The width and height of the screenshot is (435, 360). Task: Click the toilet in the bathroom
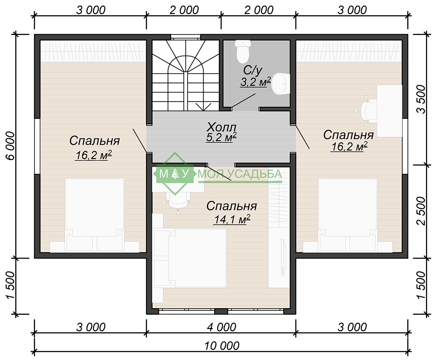[x=243, y=52]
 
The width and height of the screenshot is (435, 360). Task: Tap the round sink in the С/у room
[x=280, y=84]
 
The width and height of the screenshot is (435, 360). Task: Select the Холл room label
[x=222, y=127]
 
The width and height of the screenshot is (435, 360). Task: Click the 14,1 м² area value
[x=232, y=219]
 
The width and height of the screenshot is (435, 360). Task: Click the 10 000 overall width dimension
[x=222, y=346]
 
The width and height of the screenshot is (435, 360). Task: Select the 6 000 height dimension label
[x=11, y=146]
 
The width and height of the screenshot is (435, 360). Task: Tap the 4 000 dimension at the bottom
[x=222, y=327]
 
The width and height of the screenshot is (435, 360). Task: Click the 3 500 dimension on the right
[x=421, y=99]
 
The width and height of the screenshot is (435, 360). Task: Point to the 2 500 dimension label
[x=421, y=211]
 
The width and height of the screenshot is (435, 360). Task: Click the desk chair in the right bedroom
[x=368, y=111]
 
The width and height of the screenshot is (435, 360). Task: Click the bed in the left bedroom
[x=95, y=215]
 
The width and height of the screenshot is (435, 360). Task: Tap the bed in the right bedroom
[x=348, y=215]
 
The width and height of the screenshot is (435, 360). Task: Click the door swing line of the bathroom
[x=243, y=101]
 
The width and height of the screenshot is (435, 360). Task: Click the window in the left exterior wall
[x=37, y=146]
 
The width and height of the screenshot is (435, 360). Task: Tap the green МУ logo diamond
[x=175, y=174]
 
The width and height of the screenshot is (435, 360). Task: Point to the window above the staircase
[x=186, y=37]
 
